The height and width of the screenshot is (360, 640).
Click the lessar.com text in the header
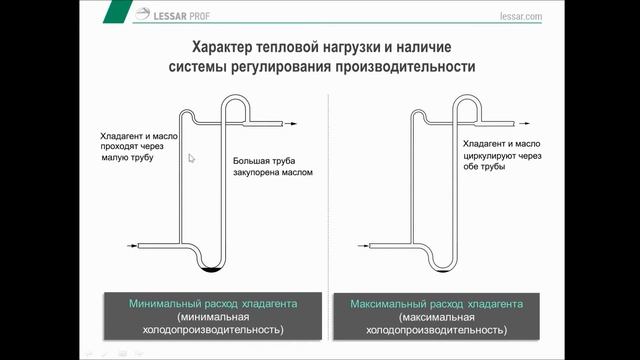point(518,17)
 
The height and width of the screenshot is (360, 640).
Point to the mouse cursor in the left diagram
point(192,157)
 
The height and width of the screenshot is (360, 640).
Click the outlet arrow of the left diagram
point(291,123)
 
